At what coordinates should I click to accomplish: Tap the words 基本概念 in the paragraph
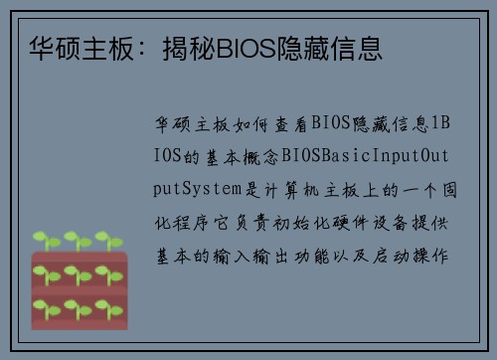pos(239,156)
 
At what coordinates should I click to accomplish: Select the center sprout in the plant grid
pos(78,271)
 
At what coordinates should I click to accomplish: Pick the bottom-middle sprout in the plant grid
pos(78,302)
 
